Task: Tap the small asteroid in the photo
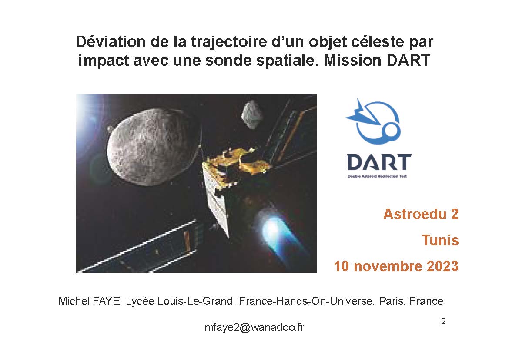pos(252,114)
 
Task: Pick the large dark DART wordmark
pos(379,162)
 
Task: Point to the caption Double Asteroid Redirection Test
pos(377,176)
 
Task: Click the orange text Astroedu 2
pos(421,215)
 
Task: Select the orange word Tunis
pos(440,240)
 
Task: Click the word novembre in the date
pos(388,266)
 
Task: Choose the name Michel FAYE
pos(90,301)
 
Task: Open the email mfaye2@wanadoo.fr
pos(254,327)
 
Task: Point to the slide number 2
pos(443,321)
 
